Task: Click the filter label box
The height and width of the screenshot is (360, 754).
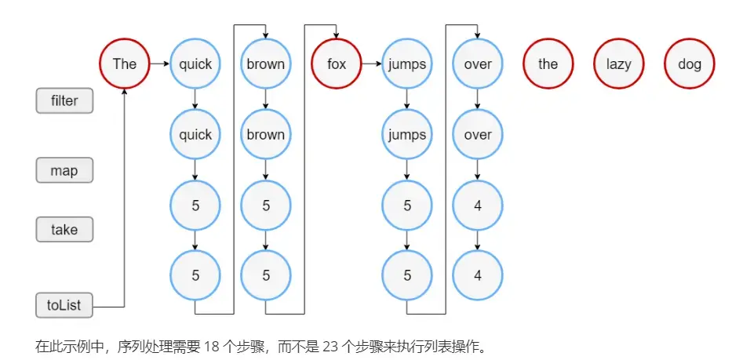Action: tap(64, 100)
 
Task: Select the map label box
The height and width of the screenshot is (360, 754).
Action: tap(64, 170)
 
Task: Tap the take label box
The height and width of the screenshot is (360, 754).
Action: tap(64, 229)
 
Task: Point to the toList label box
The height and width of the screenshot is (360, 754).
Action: tap(64, 305)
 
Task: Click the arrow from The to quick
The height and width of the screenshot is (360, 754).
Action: tap(159, 64)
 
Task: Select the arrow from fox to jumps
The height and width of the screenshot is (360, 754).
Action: tap(372, 64)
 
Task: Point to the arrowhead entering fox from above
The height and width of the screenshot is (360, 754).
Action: tap(336, 35)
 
